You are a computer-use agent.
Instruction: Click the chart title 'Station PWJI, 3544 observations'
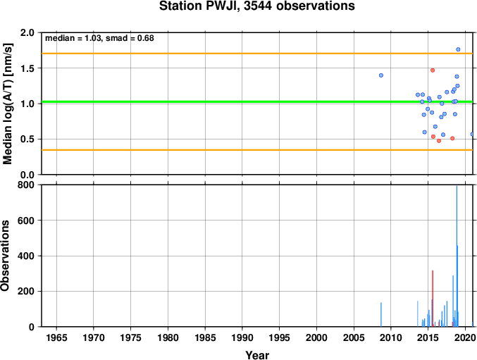(256, 6)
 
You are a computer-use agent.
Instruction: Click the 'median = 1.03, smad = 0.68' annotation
(99, 38)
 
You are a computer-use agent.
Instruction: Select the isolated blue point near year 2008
(381, 75)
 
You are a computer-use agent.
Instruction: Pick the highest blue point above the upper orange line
(458, 49)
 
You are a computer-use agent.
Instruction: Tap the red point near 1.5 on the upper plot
(433, 70)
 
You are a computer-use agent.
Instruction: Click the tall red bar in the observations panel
(433, 299)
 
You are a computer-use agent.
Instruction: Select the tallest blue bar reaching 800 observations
(457, 256)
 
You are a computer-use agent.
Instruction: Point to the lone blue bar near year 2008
(381, 315)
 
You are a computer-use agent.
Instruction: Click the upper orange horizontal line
(257, 54)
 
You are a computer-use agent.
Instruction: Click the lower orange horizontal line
(257, 150)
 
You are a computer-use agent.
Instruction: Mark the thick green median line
(257, 101)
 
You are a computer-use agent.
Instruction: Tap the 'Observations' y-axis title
(5, 256)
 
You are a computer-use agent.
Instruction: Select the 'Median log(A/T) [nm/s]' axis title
(7, 104)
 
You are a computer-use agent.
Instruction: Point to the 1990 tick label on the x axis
(242, 337)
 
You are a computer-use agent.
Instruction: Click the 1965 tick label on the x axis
(56, 337)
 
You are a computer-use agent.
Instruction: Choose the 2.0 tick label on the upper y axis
(27, 32)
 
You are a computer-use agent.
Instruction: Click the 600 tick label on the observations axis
(25, 221)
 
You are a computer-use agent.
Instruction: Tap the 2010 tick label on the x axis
(391, 337)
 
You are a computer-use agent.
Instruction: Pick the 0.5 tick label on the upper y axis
(27, 139)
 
